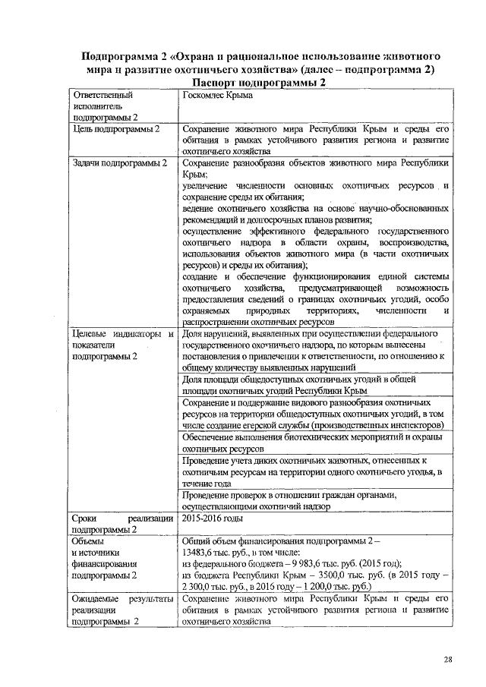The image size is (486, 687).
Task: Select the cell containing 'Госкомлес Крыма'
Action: point(217,96)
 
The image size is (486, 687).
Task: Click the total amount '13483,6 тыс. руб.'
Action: point(221,553)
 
